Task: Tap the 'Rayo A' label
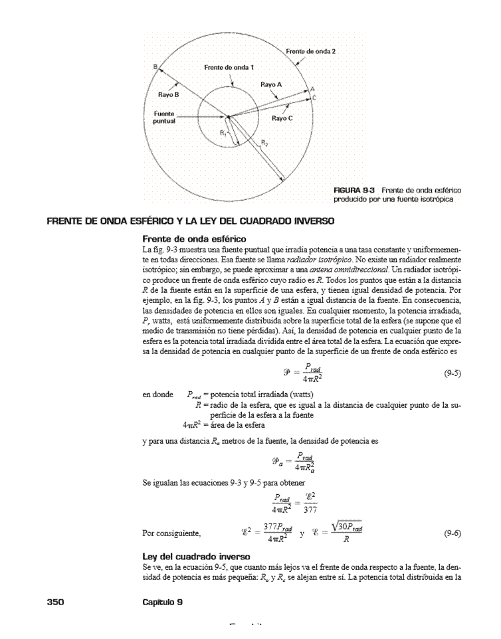[x=271, y=85]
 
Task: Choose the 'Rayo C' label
[x=282, y=118]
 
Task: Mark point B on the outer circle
[x=155, y=66]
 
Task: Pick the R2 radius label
[x=264, y=142]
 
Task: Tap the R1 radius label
[x=223, y=134]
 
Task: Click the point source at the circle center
[x=228, y=117]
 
